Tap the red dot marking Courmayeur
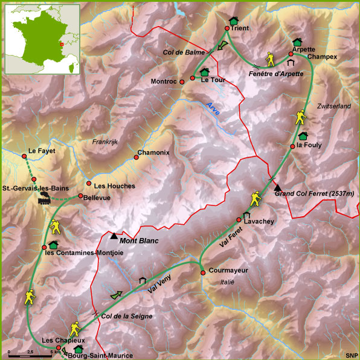(203, 272)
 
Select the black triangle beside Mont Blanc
(114, 236)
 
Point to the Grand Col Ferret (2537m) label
(314, 193)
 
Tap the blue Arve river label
(213, 109)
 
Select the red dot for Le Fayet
(25, 158)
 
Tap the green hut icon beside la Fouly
(303, 136)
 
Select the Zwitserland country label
(333, 106)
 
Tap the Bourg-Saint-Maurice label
(100, 356)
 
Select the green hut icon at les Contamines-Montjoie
(53, 245)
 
